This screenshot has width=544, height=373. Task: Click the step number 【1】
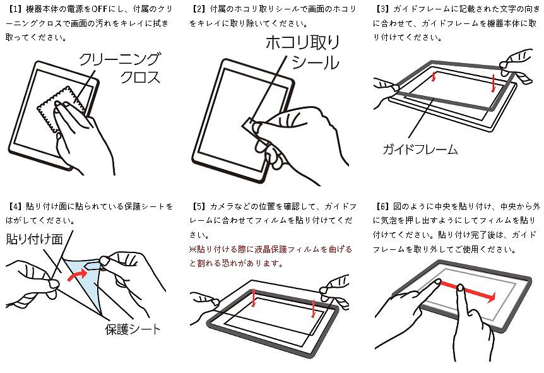tap(14, 9)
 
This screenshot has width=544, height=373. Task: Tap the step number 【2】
tap(198, 9)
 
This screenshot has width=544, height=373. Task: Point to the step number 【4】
tap(14, 206)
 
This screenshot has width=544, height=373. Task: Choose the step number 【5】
tap(198, 206)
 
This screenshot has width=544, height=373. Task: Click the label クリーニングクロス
tap(120, 68)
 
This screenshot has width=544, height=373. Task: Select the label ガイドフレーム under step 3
tap(420, 150)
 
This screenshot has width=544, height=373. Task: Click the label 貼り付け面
tap(34, 239)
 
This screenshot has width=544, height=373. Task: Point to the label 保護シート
tap(133, 329)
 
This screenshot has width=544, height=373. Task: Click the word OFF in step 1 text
tap(99, 9)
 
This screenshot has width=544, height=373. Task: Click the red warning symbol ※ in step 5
tap(193, 249)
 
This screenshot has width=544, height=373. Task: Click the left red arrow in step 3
tap(434, 76)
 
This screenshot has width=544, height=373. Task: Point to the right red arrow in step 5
tap(313, 308)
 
